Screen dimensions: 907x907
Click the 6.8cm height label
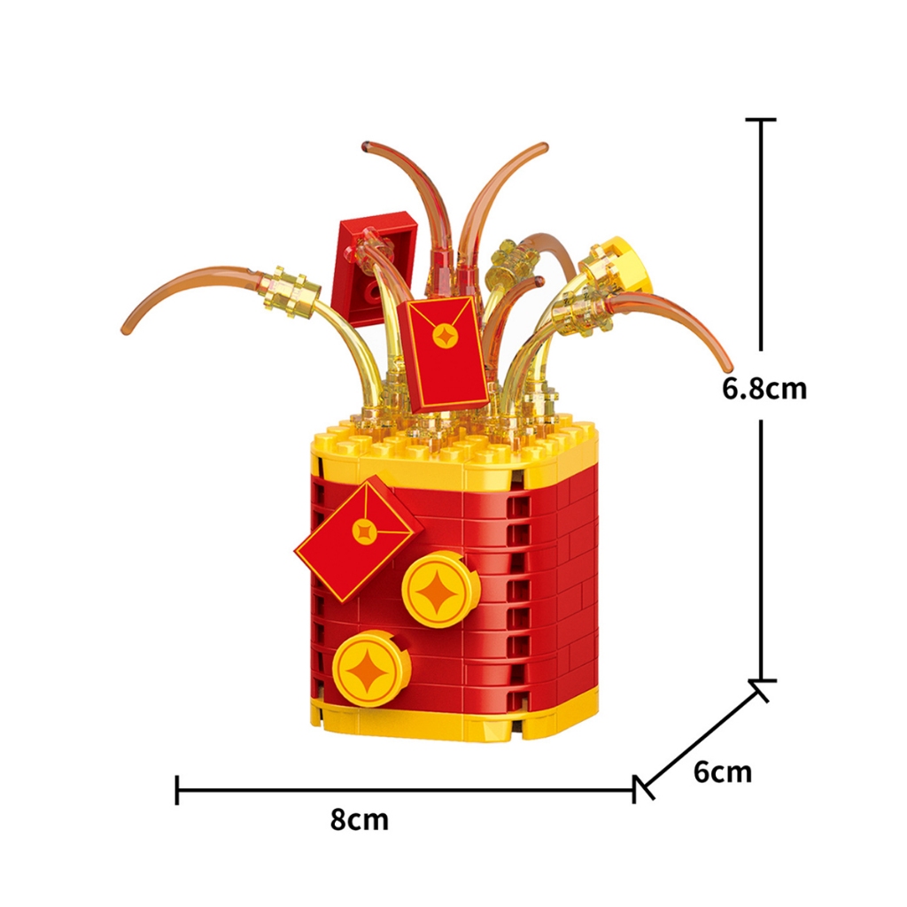[764, 389]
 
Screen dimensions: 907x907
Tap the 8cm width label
[360, 819]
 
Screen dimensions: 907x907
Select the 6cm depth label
[722, 772]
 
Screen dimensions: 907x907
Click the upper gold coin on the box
[440, 588]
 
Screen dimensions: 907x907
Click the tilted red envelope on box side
[358, 539]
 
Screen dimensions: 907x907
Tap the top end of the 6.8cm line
[761, 120]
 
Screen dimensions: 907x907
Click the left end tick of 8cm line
[178, 789]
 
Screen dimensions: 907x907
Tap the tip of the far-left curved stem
[126, 329]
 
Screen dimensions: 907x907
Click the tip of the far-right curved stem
[728, 366]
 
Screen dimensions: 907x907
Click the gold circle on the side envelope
[363, 531]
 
